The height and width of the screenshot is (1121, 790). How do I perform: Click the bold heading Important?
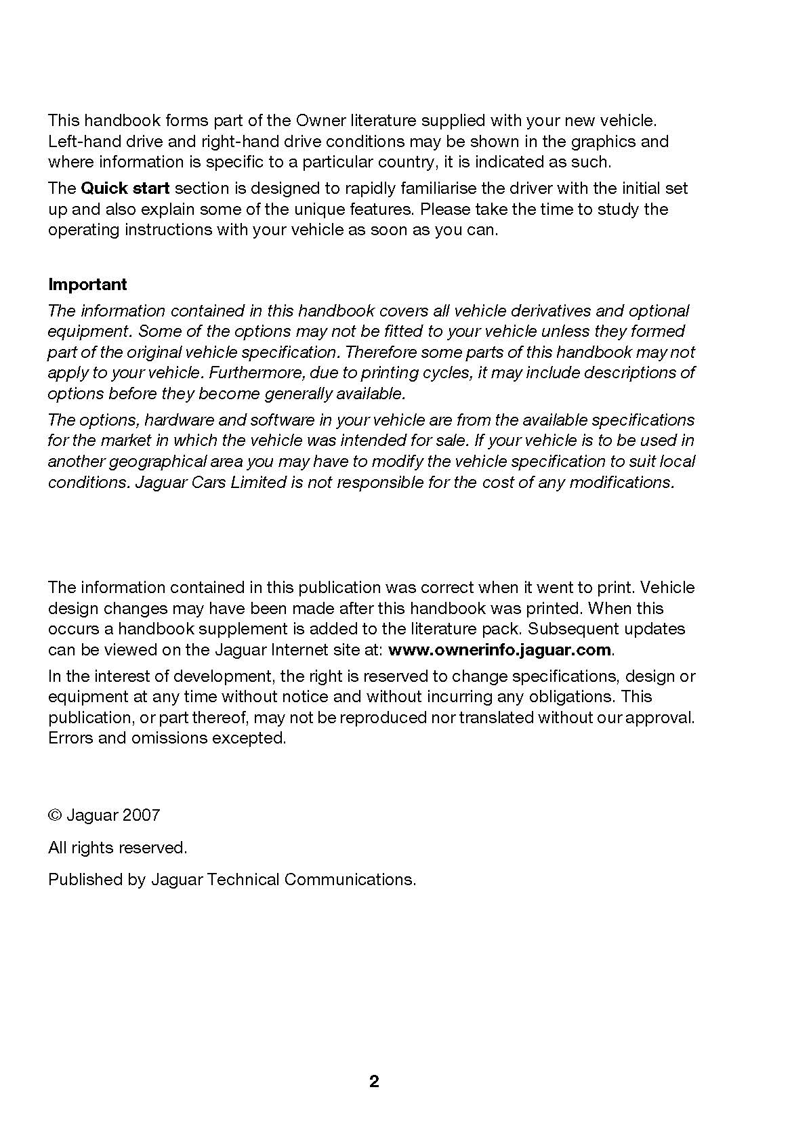[x=87, y=284]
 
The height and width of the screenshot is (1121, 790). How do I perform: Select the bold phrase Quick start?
[x=125, y=188]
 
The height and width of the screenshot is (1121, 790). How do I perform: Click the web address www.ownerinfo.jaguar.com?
[x=499, y=649]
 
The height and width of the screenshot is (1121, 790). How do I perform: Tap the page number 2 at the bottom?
[x=374, y=1081]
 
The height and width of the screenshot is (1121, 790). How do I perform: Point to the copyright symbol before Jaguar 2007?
[x=55, y=815]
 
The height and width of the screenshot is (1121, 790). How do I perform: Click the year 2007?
[x=142, y=815]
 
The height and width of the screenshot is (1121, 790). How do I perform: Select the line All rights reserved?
[x=117, y=847]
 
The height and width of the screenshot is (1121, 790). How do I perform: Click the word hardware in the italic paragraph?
[x=179, y=420]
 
